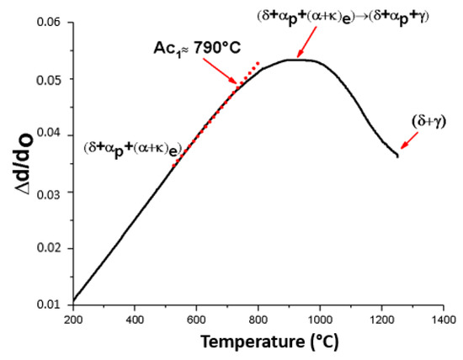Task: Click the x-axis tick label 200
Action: [73, 320]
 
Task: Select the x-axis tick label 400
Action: [135, 320]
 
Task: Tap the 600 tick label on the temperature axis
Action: [196, 320]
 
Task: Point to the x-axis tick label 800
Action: [258, 320]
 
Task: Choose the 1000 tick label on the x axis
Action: [319, 320]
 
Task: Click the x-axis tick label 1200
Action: [381, 320]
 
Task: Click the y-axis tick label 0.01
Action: [50, 304]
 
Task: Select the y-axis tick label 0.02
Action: [50, 247]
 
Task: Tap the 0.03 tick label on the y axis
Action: [50, 192]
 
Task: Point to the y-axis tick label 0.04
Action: [50, 135]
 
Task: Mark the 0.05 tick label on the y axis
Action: [50, 79]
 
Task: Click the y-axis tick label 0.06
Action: [50, 23]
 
